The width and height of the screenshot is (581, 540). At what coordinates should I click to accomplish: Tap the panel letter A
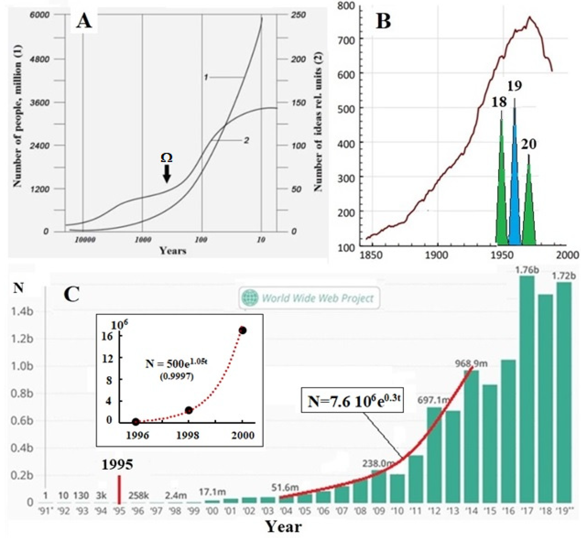click(84, 21)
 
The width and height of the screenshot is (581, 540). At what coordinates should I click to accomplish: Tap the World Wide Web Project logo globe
click(250, 298)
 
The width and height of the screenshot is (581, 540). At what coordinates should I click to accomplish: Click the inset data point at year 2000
click(243, 330)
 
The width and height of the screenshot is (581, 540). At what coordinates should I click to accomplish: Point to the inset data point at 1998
click(189, 410)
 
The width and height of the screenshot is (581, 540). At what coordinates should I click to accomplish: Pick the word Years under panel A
click(173, 251)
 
